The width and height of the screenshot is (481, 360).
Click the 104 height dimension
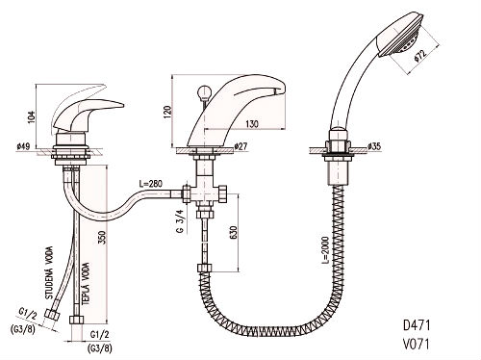coord(31,117)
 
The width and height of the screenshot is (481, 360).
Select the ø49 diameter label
coord(23,146)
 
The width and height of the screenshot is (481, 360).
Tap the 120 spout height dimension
coord(167,112)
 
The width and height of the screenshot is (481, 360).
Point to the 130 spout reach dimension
coord(252,123)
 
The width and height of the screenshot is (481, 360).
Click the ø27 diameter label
coord(240,146)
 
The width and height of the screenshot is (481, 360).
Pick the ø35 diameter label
coord(374,146)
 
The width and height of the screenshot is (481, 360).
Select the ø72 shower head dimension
coord(420,55)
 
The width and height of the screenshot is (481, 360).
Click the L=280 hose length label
coord(151,184)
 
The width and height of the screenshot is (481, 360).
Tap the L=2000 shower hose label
coord(325,250)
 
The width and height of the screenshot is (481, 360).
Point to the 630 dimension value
coord(233,232)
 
